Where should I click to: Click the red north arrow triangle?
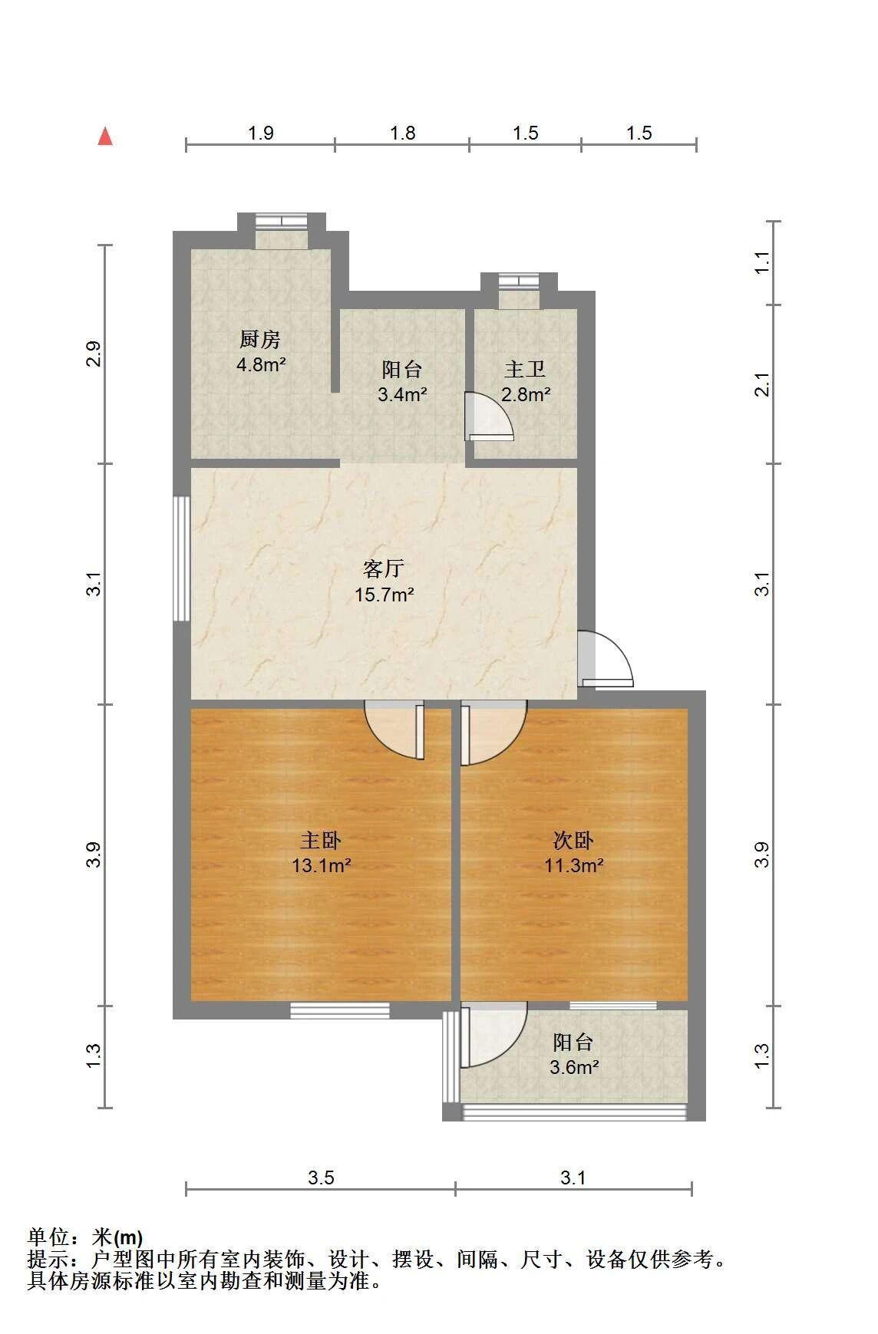pos(105,137)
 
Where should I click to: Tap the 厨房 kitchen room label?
pos(260,339)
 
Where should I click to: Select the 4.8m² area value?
pos(261,364)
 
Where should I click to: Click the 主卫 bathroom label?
pos(525,370)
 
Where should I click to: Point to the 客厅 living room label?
pos(384,568)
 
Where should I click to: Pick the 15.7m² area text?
pos(385,594)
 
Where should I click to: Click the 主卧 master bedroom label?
pos(321,841)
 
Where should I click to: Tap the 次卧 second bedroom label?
pos(573,841)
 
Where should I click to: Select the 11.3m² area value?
pos(574,866)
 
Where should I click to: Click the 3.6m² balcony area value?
pos(574,1067)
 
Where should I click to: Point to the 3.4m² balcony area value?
pos(402,395)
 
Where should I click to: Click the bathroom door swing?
pos(489,417)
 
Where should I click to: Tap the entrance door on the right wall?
pos(606,658)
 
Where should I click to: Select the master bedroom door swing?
pos(394,730)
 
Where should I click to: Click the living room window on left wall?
pos(182,558)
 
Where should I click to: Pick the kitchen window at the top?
pos(281,221)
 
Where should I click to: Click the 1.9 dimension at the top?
pos(261,133)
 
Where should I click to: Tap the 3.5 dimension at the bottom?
pos(321,1178)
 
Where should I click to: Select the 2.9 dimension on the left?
pos(94,354)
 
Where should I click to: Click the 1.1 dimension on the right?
pos(761,263)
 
